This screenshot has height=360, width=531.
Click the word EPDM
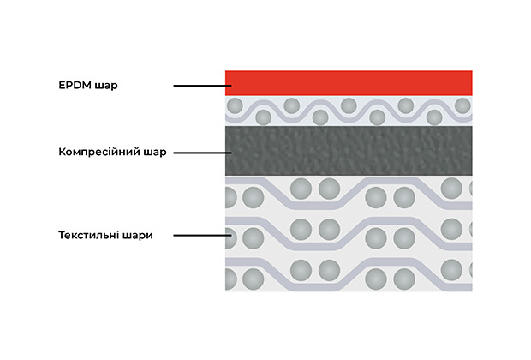[x=75, y=86]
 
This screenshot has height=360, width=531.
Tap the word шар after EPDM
[x=105, y=86]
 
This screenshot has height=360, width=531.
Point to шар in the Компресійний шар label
[x=155, y=153]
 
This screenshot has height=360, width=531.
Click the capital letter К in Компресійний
[x=63, y=153]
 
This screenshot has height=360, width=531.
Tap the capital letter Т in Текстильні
[x=63, y=234]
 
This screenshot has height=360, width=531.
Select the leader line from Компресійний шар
[x=199, y=153]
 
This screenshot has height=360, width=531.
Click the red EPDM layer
[x=348, y=83]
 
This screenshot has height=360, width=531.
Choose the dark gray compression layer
[x=348, y=151]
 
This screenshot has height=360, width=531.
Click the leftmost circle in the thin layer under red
[x=234, y=105]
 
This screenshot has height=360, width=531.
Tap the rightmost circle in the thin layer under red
[x=462, y=105]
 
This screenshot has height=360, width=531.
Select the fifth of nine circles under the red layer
[x=349, y=105]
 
